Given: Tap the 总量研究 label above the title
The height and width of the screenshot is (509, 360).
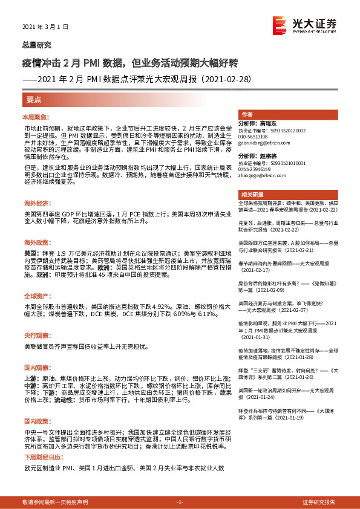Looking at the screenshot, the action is point(37,45).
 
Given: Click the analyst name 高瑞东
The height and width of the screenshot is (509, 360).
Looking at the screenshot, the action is point(287,123).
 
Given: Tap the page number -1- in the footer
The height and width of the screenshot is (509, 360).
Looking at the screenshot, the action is point(180,502).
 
